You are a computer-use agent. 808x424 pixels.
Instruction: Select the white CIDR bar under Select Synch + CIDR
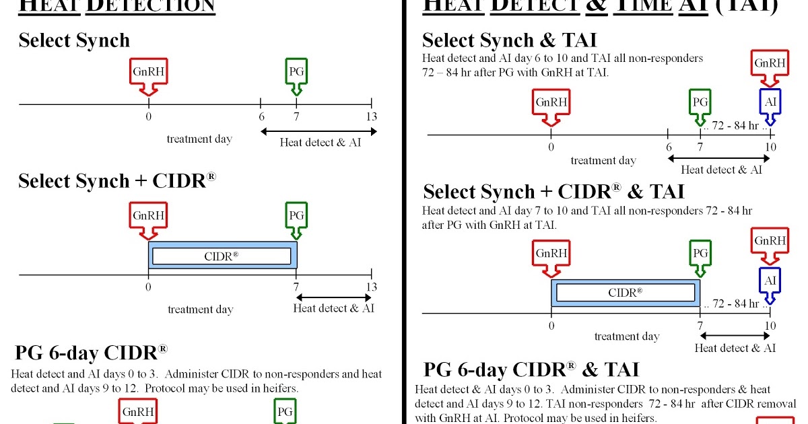222,256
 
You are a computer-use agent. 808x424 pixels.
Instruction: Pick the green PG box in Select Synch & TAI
700,102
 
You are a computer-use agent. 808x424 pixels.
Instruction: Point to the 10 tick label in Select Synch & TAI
770,147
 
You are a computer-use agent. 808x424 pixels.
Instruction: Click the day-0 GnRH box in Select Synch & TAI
551,102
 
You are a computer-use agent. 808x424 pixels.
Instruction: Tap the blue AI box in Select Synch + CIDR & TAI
770,278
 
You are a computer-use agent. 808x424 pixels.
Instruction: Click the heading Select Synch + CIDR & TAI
553,192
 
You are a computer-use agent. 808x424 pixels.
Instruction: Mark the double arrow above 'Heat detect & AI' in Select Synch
318,131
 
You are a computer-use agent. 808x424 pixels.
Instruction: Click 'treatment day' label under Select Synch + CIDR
200,310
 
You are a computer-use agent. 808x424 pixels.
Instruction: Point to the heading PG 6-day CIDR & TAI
531,369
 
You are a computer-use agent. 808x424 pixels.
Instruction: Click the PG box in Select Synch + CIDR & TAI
700,254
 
